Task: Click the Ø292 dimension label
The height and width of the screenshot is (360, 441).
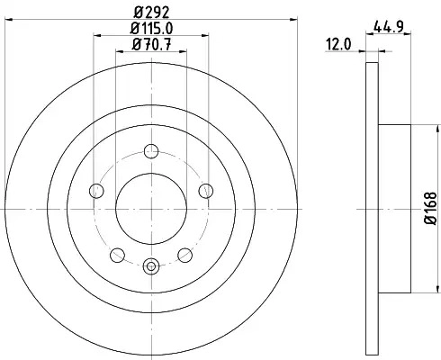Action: click(151, 13)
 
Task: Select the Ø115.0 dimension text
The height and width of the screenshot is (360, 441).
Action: click(151, 29)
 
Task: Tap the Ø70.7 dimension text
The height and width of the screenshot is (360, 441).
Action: click(151, 45)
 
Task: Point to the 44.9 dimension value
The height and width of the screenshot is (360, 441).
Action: click(388, 28)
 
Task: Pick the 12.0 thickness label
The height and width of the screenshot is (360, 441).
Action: click(338, 45)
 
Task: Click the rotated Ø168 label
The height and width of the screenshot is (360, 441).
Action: click(430, 208)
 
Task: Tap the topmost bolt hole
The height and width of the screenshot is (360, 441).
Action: click(151, 151)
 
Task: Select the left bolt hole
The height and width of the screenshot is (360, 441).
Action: click(96, 191)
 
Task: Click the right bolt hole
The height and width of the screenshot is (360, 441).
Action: click(206, 191)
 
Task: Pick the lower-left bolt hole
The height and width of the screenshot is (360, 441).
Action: click(117, 255)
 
